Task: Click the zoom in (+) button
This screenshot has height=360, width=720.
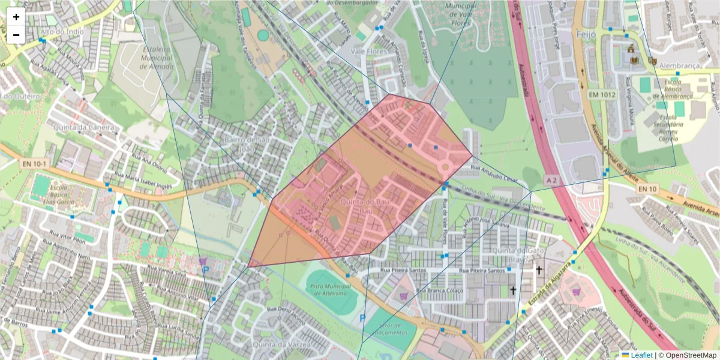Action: coord(16,17)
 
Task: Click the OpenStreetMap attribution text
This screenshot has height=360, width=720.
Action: coord(688,355)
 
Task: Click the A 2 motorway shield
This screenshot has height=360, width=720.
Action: coord(552,179)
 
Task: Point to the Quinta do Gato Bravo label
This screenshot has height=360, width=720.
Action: coord(509,255)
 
